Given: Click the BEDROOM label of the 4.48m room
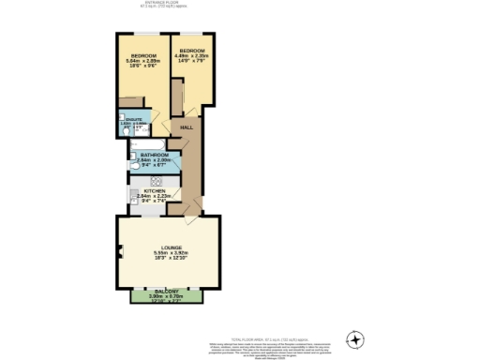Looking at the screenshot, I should tap(193, 50).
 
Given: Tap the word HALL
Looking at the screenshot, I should tap(186, 127).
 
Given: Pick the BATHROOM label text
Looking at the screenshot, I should tap(154, 154).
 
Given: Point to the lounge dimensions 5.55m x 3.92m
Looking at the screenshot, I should tap(171, 254).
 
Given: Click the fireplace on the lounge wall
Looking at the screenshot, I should tap(120, 249).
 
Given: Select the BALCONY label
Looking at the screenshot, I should tap(170, 292).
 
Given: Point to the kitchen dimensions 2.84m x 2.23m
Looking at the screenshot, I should tap(152, 199).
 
